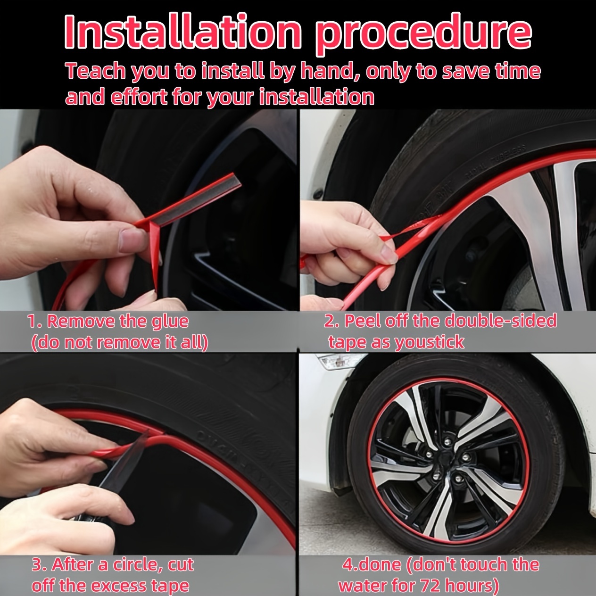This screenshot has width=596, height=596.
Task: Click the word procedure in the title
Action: pos(423,34)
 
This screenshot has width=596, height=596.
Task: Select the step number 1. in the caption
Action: pos(35,322)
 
